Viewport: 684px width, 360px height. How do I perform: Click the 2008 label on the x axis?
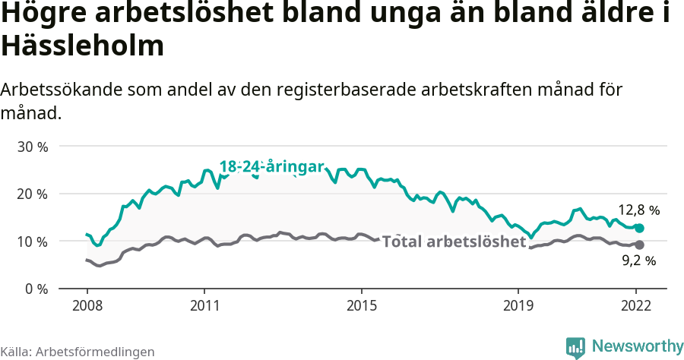pyautogui.click(x=87, y=305)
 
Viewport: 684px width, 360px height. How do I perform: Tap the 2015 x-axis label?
pyautogui.click(x=361, y=305)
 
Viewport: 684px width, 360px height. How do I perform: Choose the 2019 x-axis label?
pyautogui.click(x=518, y=305)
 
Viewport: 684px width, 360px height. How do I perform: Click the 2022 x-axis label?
pyautogui.click(x=636, y=305)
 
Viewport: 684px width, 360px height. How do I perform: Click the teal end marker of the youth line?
pyautogui.click(x=640, y=228)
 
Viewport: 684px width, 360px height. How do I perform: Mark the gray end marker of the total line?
pyautogui.click(x=640, y=245)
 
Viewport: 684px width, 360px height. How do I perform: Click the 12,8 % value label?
pyautogui.click(x=638, y=210)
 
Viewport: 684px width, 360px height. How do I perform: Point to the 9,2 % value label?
pyautogui.click(x=638, y=261)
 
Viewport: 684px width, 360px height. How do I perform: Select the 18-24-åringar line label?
pyautogui.click(x=272, y=167)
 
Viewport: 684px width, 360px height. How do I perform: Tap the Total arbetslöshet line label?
pyautogui.click(x=454, y=242)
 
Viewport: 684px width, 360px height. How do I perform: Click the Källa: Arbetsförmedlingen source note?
pyautogui.click(x=78, y=352)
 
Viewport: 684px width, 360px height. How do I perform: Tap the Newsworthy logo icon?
pyautogui.click(x=575, y=347)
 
